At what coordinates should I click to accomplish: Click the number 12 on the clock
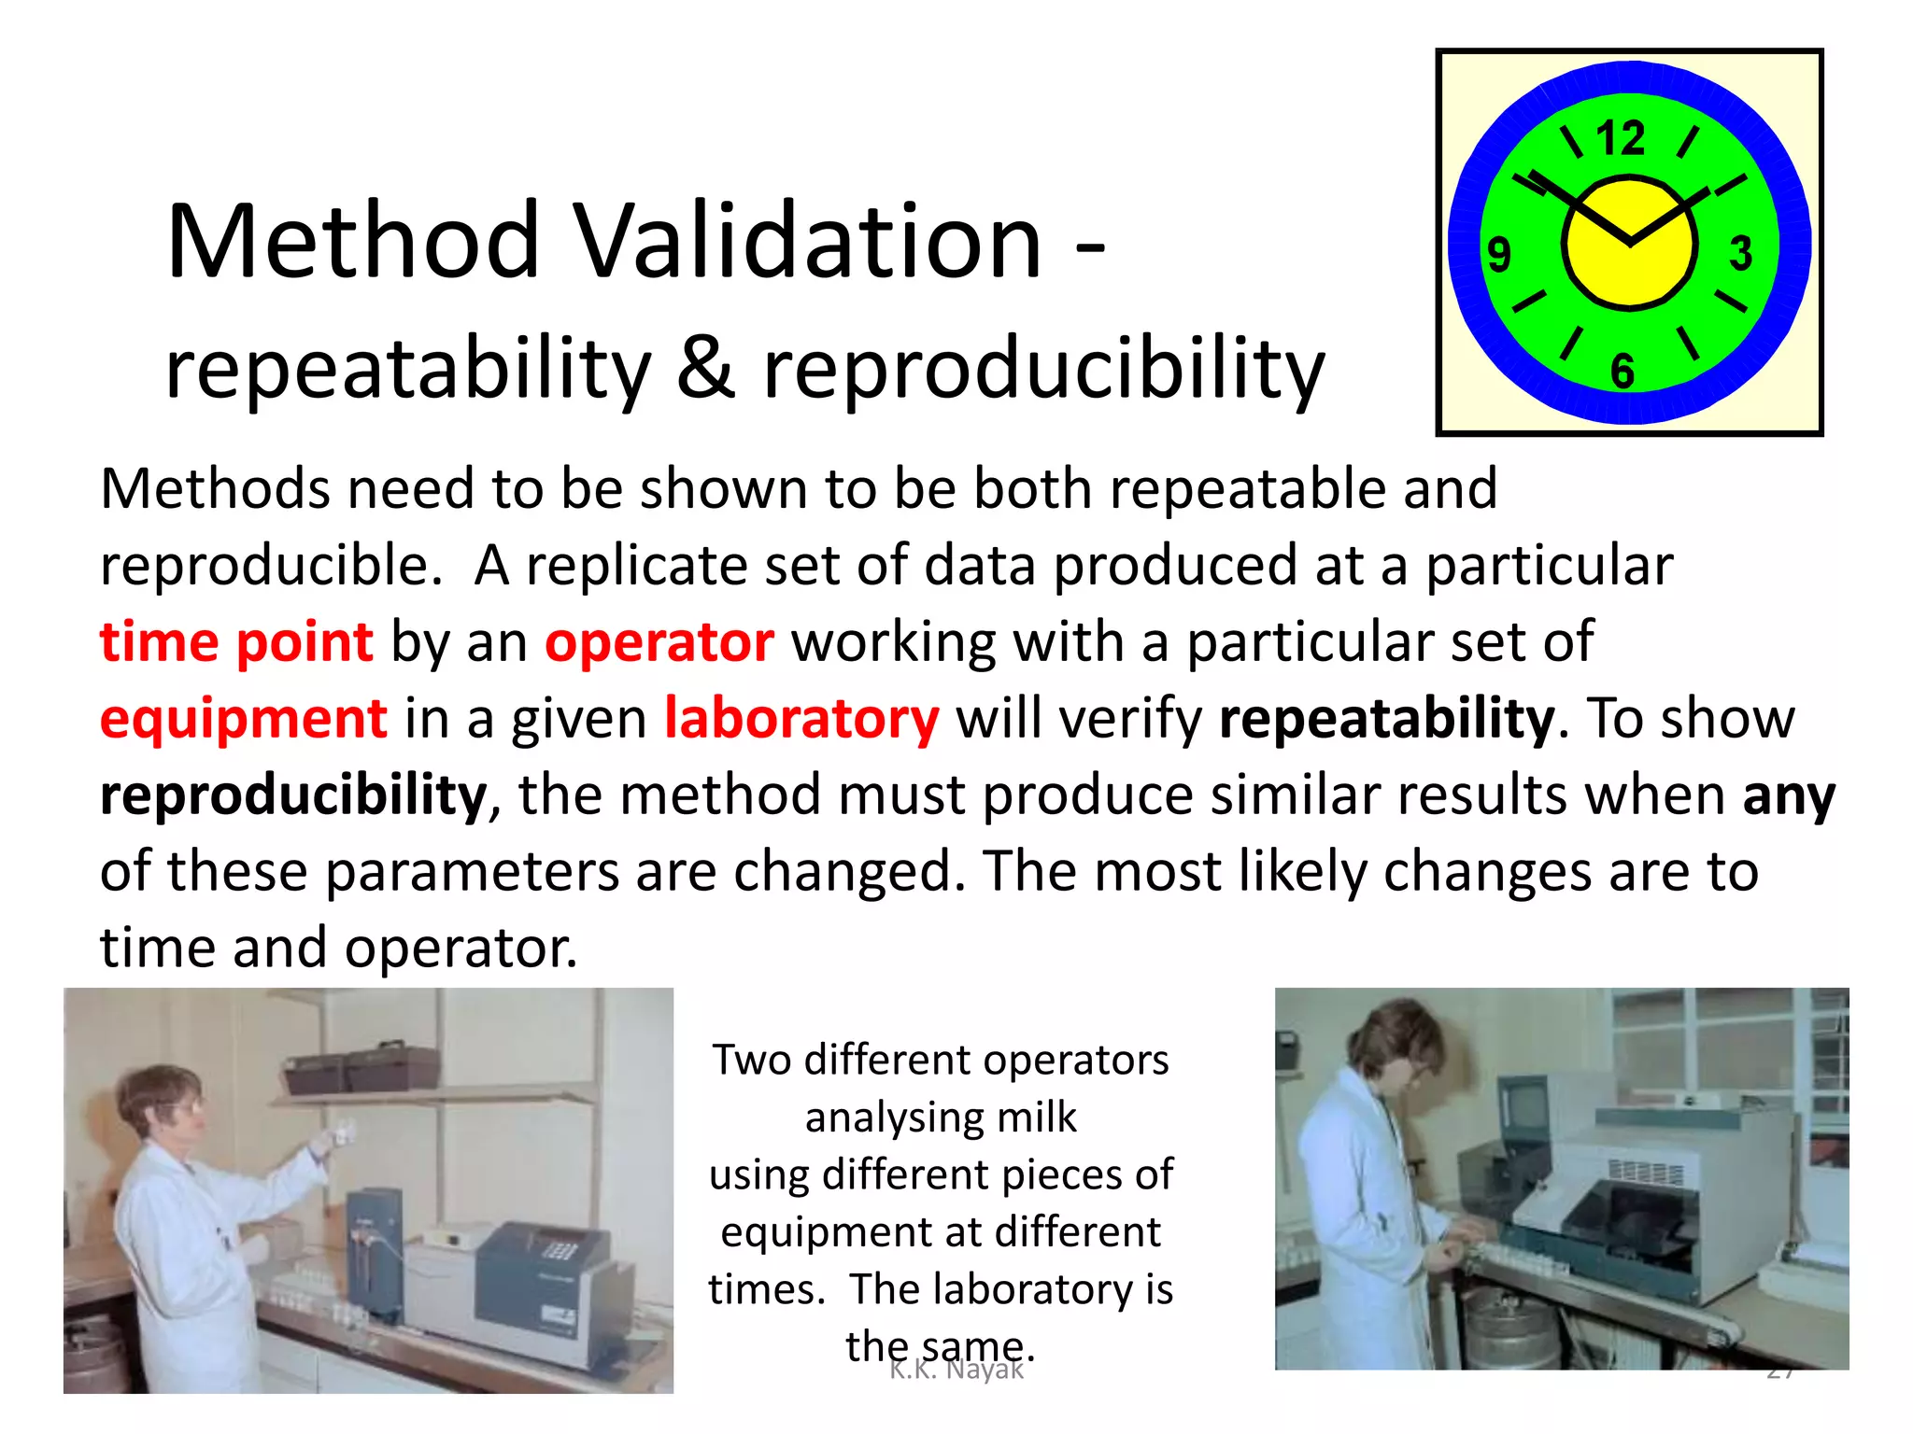(x=1621, y=138)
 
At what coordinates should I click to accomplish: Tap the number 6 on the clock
(x=1623, y=371)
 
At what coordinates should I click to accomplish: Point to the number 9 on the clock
(x=1498, y=255)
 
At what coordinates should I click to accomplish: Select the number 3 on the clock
(x=1740, y=253)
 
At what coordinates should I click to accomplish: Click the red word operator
(x=659, y=642)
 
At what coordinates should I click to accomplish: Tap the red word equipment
(x=243, y=719)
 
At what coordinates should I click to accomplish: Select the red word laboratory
(x=801, y=719)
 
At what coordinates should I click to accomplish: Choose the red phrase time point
(x=236, y=642)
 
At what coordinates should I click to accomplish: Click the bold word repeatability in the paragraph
(x=1386, y=719)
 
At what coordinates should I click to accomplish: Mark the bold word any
(x=1789, y=795)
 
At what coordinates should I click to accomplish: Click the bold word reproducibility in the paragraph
(x=293, y=795)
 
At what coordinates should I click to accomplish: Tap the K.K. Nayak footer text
(x=956, y=1370)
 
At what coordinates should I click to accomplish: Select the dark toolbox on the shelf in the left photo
(x=362, y=1070)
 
